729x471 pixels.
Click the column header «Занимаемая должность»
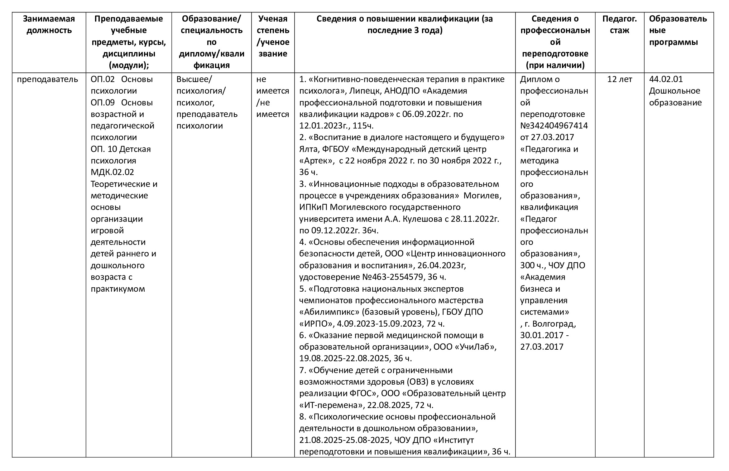49,25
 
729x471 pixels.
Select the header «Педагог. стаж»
619,25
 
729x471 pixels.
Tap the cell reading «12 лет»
619,79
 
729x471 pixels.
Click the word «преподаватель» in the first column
47,79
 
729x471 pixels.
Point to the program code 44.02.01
666,79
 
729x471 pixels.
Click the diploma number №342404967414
554,126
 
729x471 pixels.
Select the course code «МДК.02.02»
112,172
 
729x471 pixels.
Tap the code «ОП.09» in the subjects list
103,103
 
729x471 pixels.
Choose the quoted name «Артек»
317,161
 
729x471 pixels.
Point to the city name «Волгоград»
554,324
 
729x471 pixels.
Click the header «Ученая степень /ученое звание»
273,36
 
